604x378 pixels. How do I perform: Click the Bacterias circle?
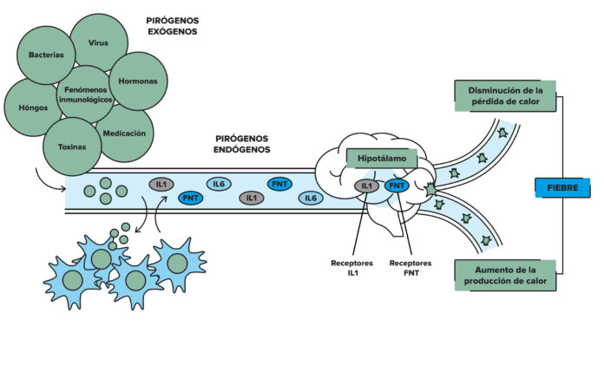[x=46, y=54]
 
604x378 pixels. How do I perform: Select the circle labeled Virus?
[x=98, y=42]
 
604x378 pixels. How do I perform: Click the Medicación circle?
[x=124, y=134]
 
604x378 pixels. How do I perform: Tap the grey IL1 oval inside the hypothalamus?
[x=366, y=186]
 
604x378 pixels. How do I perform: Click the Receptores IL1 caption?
[x=351, y=267]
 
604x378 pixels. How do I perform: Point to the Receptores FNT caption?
[x=410, y=267]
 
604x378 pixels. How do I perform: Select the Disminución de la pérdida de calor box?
[x=503, y=94]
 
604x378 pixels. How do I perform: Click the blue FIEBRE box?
[x=562, y=186]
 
